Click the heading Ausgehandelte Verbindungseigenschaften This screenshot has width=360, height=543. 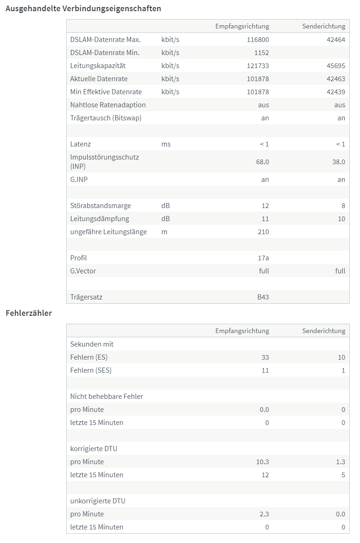coord(83,8)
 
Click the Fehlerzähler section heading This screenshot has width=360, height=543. coord(28,313)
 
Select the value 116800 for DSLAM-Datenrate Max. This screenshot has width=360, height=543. coord(258,40)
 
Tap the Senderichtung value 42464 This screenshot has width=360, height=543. coord(336,40)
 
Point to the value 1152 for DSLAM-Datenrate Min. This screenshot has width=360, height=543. coord(261,53)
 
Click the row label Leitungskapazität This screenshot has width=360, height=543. coord(98,66)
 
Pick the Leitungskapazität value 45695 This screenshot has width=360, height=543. coord(336,66)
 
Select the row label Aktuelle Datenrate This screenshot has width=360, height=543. coord(99,79)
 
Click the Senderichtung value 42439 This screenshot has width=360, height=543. coord(336,92)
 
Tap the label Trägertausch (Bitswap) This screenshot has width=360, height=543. coord(106,118)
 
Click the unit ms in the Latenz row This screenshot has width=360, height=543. coord(166,144)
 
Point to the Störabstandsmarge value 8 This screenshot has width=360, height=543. coord(343,206)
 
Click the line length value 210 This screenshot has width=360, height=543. coord(263,232)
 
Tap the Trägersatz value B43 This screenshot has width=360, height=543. coord(263,297)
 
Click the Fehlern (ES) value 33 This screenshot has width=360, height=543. coord(265,357)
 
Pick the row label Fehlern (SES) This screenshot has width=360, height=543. coord(91,370)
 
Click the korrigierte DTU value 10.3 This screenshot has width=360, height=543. coord(262,462)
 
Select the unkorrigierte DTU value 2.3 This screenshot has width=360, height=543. coord(263,514)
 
